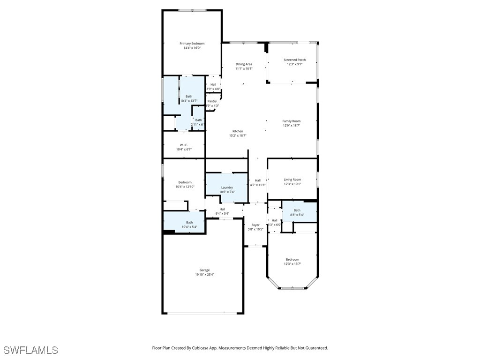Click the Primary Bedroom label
192,44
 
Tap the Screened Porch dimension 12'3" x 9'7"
295,64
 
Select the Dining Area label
244,64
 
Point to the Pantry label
212,101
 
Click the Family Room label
291,121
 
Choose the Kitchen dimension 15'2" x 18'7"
238,136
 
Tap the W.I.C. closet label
184,145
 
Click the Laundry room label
227,187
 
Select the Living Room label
292,180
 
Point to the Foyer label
255,225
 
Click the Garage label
204,270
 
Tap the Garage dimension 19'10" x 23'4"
204,275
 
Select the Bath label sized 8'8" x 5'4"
297,210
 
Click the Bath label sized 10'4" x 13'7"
189,97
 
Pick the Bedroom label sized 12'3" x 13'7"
292,259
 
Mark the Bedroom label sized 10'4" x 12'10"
185,182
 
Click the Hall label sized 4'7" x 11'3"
258,180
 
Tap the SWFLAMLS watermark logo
31,350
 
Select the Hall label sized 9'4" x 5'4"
222,209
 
